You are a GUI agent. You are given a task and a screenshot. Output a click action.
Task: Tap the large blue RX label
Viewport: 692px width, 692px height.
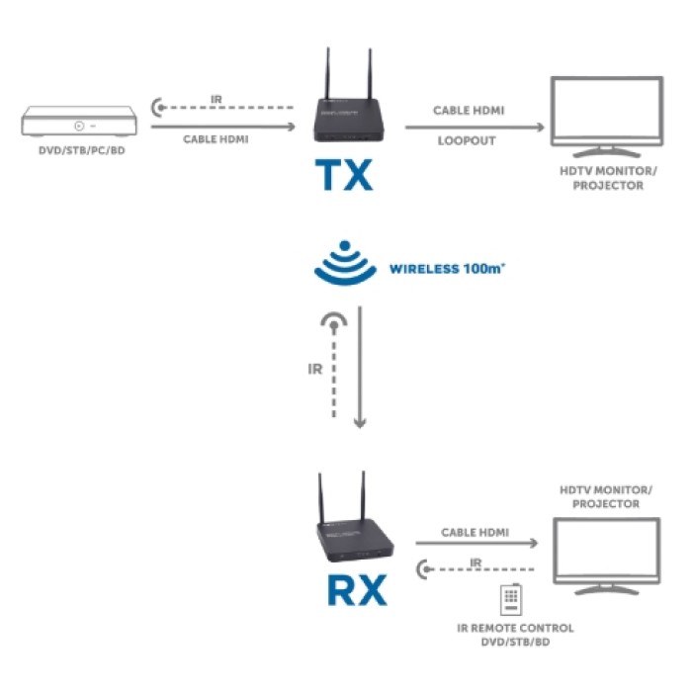(x=351, y=589)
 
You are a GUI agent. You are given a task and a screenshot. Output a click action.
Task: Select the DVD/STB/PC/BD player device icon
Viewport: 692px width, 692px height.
(x=78, y=125)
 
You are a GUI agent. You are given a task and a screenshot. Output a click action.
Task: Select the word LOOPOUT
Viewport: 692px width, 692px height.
(x=467, y=141)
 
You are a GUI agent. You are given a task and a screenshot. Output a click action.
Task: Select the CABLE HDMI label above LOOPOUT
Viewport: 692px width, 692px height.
(x=469, y=110)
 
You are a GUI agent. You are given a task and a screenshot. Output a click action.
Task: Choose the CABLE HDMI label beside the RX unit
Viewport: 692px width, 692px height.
(x=476, y=532)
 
